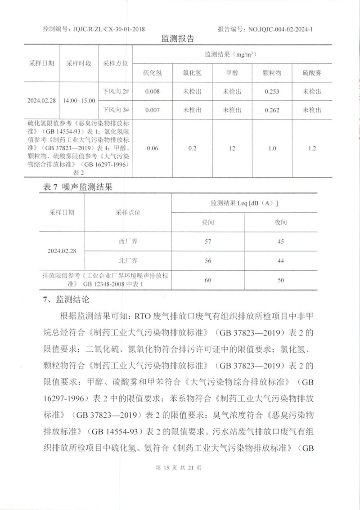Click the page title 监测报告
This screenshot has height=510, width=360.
pyautogui.click(x=178, y=39)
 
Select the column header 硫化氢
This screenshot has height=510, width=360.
pyautogui.click(x=153, y=72)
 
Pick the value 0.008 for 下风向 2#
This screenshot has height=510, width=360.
pyautogui.click(x=153, y=91)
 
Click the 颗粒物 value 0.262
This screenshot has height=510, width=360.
pyautogui.click(x=272, y=110)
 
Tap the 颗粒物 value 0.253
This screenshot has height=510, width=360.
pyautogui.click(x=272, y=91)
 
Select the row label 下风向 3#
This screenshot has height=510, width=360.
pyautogui.click(x=116, y=110)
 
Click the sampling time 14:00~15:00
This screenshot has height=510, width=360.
pyautogui.click(x=79, y=100)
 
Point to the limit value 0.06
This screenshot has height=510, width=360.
pyautogui.click(x=153, y=148)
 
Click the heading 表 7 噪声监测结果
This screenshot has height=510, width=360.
pyautogui.click(x=77, y=188)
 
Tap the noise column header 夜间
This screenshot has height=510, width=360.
pyautogui.click(x=281, y=222)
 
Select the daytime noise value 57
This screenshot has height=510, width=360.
pyautogui.click(x=207, y=242)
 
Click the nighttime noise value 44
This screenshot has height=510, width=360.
pyautogui.click(x=281, y=260)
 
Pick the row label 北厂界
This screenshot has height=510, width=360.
pyautogui.click(x=128, y=260)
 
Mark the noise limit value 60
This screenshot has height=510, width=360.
pyautogui.click(x=207, y=280)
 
